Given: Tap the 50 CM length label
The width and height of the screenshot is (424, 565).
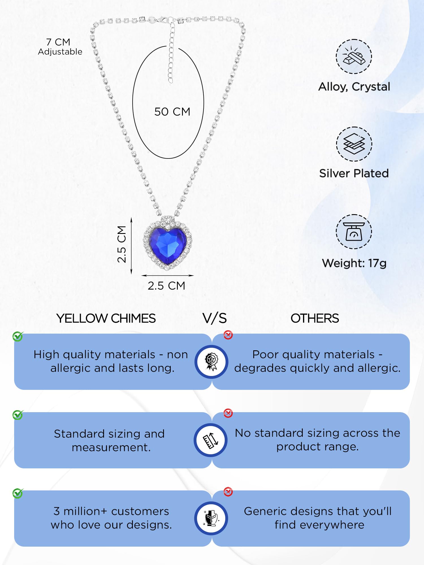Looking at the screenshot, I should pos(172,112).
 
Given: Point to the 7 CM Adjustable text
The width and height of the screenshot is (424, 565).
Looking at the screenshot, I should pos(60,47).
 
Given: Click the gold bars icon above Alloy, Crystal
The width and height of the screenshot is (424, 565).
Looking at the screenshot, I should pos(354,56).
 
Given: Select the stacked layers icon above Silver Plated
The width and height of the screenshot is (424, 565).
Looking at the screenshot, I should pos(354,144).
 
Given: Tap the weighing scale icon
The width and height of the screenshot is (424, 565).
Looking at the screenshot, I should pos(354,232).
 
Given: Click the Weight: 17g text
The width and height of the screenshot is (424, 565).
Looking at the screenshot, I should pos(354,263).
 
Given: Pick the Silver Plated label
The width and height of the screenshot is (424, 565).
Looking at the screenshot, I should pos(354,173).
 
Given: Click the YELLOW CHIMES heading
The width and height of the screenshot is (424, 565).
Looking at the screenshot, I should pos(106,318).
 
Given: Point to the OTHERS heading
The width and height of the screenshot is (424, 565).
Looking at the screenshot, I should pos(315,318).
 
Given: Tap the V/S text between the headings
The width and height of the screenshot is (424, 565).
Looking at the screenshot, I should pos(215,318).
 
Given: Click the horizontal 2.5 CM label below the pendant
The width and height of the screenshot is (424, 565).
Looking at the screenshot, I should pos(166,286).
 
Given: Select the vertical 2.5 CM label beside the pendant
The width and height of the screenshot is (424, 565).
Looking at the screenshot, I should pos(122,244).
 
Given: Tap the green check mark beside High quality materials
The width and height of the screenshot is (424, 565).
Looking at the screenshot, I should pos(18,336).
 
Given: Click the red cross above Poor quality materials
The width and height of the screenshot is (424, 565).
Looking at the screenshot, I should pos(228,335).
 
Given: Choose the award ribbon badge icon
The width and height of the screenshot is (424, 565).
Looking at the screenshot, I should pos(211,362).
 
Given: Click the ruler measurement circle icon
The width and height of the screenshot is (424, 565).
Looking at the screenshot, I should pos(211,440).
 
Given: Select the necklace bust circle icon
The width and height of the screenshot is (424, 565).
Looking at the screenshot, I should pos(211,518).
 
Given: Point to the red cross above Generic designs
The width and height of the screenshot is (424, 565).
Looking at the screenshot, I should pos(228,492).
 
